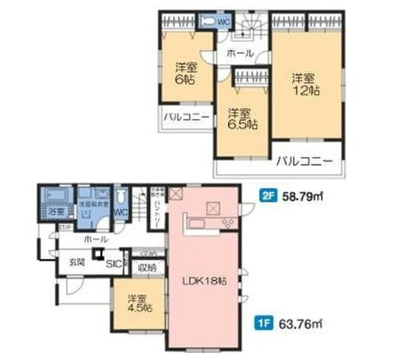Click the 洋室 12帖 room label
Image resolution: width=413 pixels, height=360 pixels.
click(305, 84)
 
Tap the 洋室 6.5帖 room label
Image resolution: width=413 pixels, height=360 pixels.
click(242, 119)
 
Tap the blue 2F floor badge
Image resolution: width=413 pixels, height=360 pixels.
click(268, 193)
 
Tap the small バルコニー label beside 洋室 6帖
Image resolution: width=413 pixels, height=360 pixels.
click(186, 118)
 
